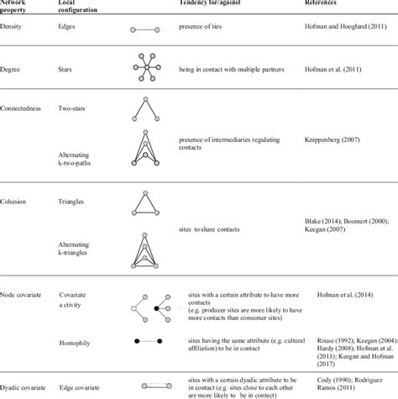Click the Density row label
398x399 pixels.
click(x=13, y=28)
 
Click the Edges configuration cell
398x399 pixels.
click(x=69, y=28)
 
